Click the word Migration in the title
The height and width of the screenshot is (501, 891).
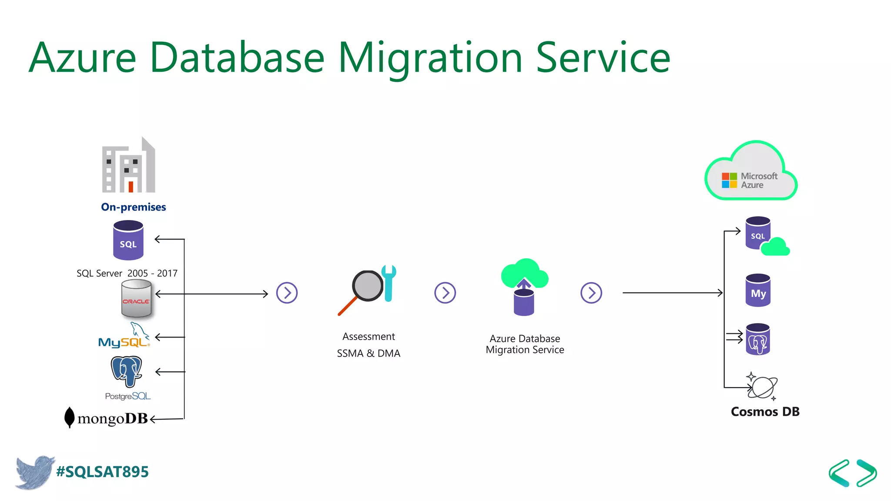click(x=430, y=58)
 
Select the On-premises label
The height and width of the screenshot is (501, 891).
click(x=133, y=207)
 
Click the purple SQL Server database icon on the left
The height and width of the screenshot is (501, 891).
click(x=128, y=240)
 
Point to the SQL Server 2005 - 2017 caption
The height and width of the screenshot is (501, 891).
click(x=127, y=273)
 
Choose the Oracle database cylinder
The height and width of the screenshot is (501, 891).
click(x=136, y=298)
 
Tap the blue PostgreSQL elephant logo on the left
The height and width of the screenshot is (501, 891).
click(x=127, y=371)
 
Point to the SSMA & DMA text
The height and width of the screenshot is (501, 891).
click(x=368, y=353)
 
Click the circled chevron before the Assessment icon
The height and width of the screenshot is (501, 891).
click(x=287, y=293)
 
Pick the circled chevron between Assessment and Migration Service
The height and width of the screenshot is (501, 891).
click(x=445, y=293)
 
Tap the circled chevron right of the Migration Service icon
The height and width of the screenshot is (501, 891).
click(x=591, y=293)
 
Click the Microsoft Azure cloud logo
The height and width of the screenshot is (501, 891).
click(x=751, y=173)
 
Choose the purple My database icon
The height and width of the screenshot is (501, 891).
click(x=758, y=291)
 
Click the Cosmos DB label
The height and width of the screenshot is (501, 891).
click(x=765, y=411)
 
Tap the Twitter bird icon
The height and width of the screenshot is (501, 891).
click(x=35, y=472)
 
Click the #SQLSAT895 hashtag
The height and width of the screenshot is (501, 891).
click(x=103, y=472)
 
